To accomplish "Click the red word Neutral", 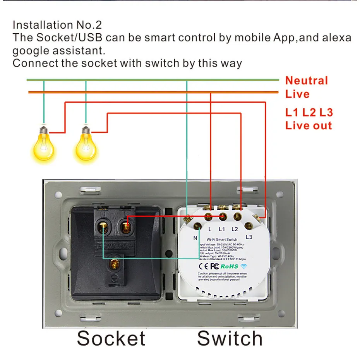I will click(306, 81).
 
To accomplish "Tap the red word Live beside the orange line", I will click(297, 94).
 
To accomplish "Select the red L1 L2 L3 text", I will click(309, 113).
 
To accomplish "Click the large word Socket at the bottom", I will click(111, 338).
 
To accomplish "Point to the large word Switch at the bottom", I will click(230, 338).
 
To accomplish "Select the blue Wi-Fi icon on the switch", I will click(244, 266).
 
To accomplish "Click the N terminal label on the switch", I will click(195, 238).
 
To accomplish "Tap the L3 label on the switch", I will click(249, 237).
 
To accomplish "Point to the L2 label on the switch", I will click(235, 229).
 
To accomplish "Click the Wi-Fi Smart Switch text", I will click(222, 240).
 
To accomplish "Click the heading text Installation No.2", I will click(57, 25).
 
